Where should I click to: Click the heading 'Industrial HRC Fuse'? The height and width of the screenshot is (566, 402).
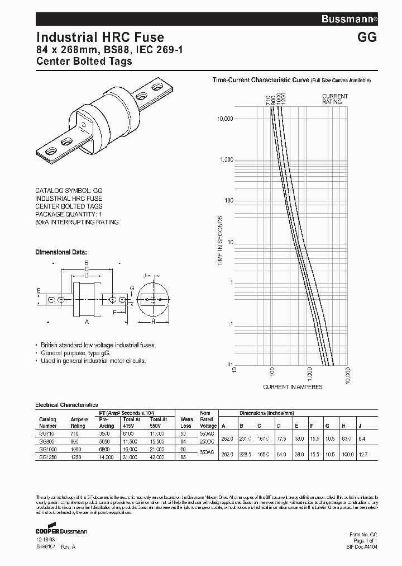click(100, 37)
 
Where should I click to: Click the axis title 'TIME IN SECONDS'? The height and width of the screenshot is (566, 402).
click(220, 240)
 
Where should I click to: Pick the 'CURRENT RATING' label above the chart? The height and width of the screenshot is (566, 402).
click(335, 100)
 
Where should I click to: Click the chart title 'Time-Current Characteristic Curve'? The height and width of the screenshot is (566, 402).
click(261, 81)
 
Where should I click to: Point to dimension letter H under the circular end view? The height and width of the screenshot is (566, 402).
click(153, 322)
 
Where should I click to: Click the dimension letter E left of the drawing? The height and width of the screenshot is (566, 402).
click(39, 291)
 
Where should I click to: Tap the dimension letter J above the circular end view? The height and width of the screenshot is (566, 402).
click(144, 276)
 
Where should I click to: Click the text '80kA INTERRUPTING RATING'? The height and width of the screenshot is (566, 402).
click(77, 222)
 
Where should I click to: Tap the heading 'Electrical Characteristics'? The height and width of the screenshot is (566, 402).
click(66, 404)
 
